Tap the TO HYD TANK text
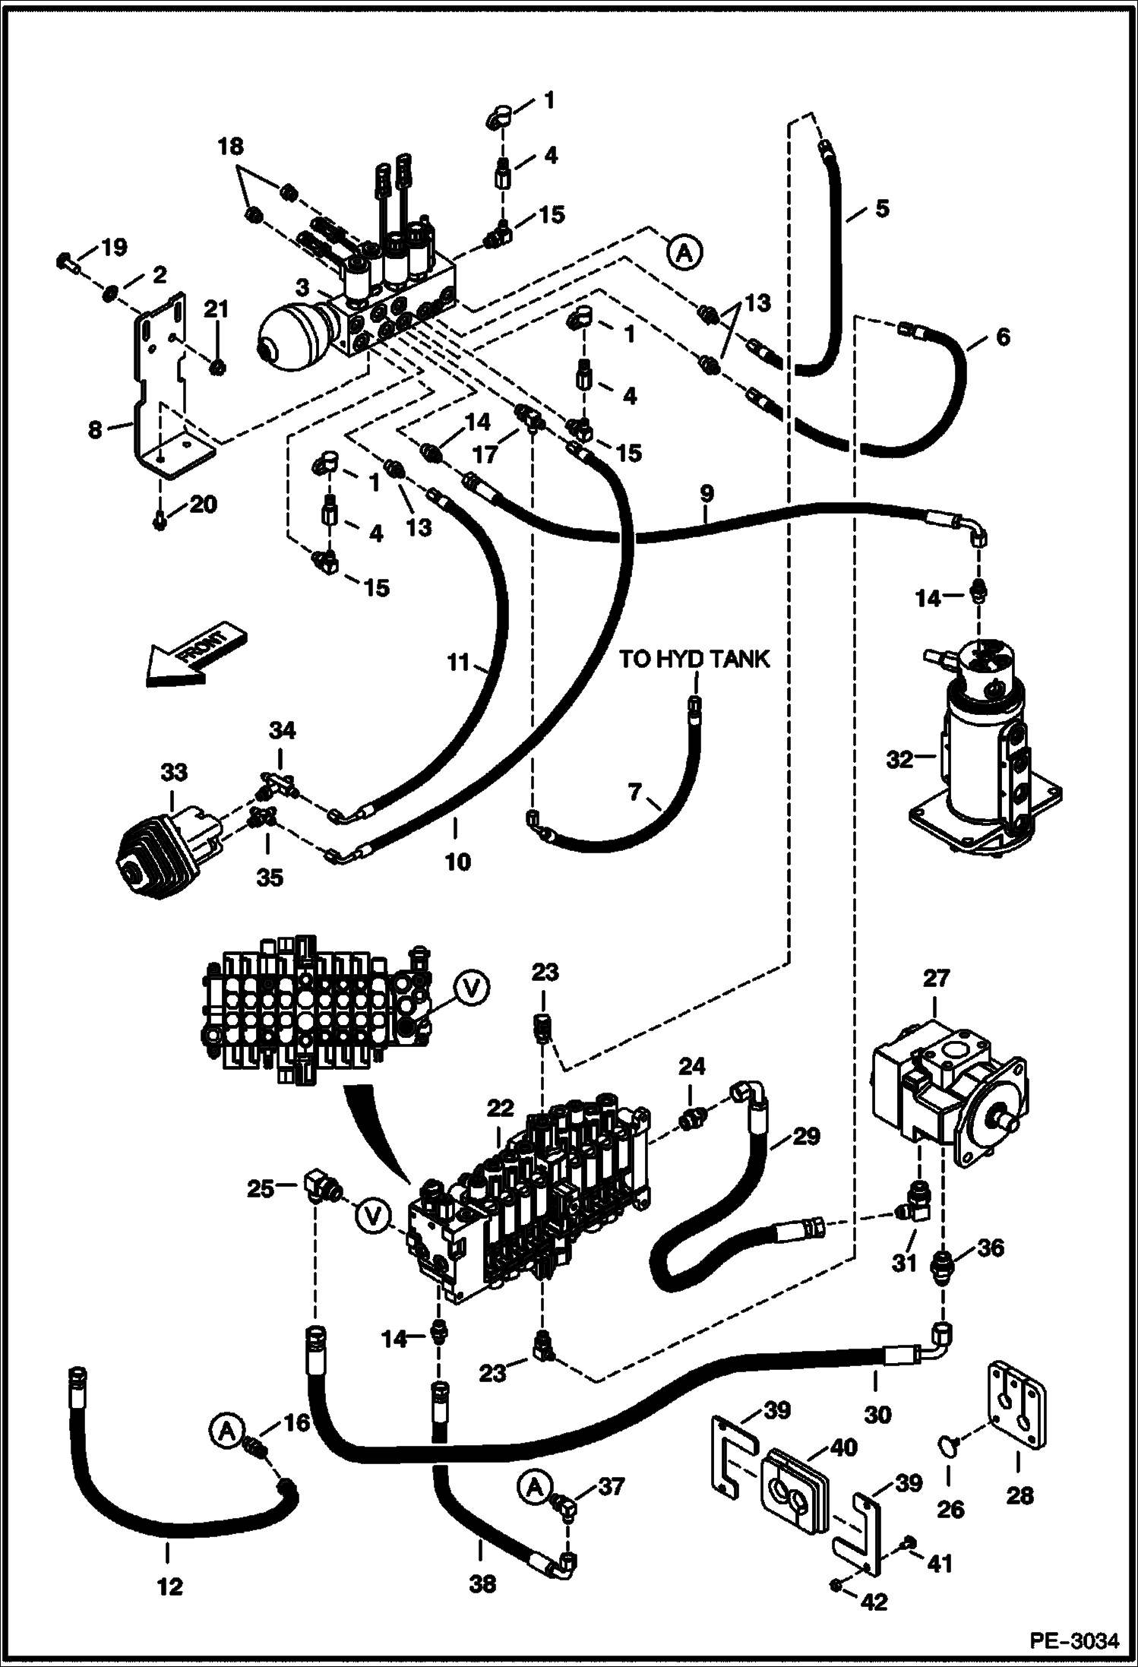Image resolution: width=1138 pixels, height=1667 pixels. click(x=694, y=659)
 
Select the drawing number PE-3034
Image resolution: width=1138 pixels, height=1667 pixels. click(x=1074, y=1641)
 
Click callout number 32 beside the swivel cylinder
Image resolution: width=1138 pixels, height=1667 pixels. click(x=899, y=759)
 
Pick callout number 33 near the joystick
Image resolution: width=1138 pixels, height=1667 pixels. click(x=173, y=772)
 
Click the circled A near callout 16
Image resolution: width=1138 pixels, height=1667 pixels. click(x=226, y=1431)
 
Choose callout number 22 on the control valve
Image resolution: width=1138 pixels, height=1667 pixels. click(x=501, y=1109)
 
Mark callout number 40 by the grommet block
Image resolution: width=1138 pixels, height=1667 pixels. click(x=844, y=1447)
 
